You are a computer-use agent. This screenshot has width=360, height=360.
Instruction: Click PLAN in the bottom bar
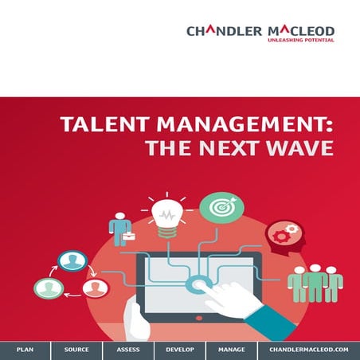tap(25, 350)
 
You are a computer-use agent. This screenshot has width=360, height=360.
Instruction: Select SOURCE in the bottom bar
tap(76, 350)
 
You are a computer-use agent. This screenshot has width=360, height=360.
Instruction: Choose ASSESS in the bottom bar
tap(127, 350)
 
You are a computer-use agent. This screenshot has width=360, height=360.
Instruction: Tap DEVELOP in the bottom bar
tap(180, 350)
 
